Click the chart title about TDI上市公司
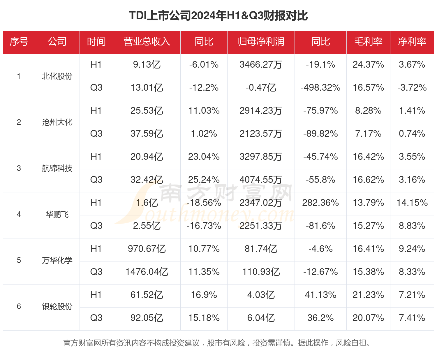[x=218, y=16]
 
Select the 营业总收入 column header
[x=147, y=42]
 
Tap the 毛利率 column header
[x=368, y=42]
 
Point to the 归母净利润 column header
[x=261, y=42]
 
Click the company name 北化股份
[x=57, y=76]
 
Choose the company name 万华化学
[x=57, y=260]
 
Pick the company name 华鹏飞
[x=57, y=215]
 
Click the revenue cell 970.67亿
[x=147, y=249]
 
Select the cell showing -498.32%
[x=320, y=87]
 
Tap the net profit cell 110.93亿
[x=261, y=272]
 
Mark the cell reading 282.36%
[x=320, y=203]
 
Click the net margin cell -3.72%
[x=412, y=87]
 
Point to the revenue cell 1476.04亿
[x=147, y=272]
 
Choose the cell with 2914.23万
[x=261, y=110]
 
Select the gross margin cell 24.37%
[x=368, y=64]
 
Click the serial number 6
[x=19, y=306]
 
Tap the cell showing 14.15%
[x=412, y=203]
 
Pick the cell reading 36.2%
[x=320, y=318]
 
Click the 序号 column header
[x=19, y=42]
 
